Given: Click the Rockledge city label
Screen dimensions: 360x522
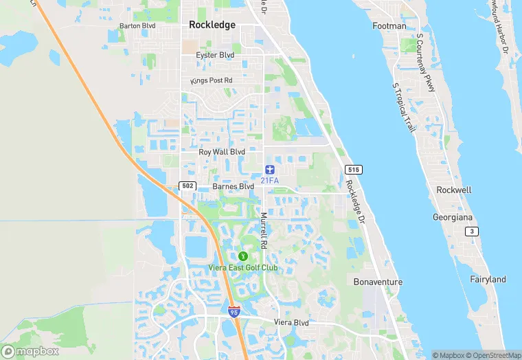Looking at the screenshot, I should coord(212,25).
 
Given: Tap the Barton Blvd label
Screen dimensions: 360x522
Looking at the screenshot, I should coord(137,26).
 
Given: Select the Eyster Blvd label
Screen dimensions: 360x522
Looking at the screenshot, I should coord(216,55).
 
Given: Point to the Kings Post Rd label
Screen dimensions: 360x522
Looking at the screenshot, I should coord(212,81).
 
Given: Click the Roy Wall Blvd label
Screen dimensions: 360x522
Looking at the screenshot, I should coord(222,152).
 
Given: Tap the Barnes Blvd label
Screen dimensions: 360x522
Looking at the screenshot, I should coord(234,186).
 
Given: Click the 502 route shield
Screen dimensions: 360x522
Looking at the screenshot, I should coord(187,186).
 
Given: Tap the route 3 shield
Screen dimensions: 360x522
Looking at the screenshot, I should coord(472,232).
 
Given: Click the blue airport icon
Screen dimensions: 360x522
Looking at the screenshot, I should coord(269,169).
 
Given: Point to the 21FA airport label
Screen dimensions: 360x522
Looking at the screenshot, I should coord(269,181).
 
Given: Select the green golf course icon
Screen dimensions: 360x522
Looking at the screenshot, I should coord(242,256).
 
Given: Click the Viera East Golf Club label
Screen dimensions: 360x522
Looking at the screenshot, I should coord(243,267).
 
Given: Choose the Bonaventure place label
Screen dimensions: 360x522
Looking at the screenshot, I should coord(378,282).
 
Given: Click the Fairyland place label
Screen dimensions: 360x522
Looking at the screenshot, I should coord(488,280).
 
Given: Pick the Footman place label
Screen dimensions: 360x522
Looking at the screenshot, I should coord(389,26).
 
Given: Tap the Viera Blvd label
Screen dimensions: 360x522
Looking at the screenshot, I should coord(291,323).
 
